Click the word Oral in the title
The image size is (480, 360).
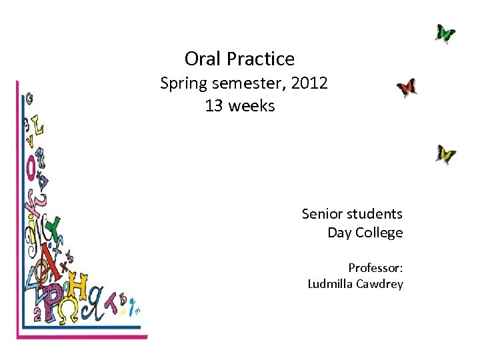(203, 59)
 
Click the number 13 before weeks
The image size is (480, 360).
(214, 106)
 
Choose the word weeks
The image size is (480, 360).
(251, 106)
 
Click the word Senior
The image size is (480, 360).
(323, 214)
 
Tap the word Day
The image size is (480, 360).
(340, 233)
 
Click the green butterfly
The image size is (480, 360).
(445, 33)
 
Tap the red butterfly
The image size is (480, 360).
(406, 87)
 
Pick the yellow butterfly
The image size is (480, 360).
(445, 155)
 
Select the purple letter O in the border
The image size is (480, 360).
(31, 167)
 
